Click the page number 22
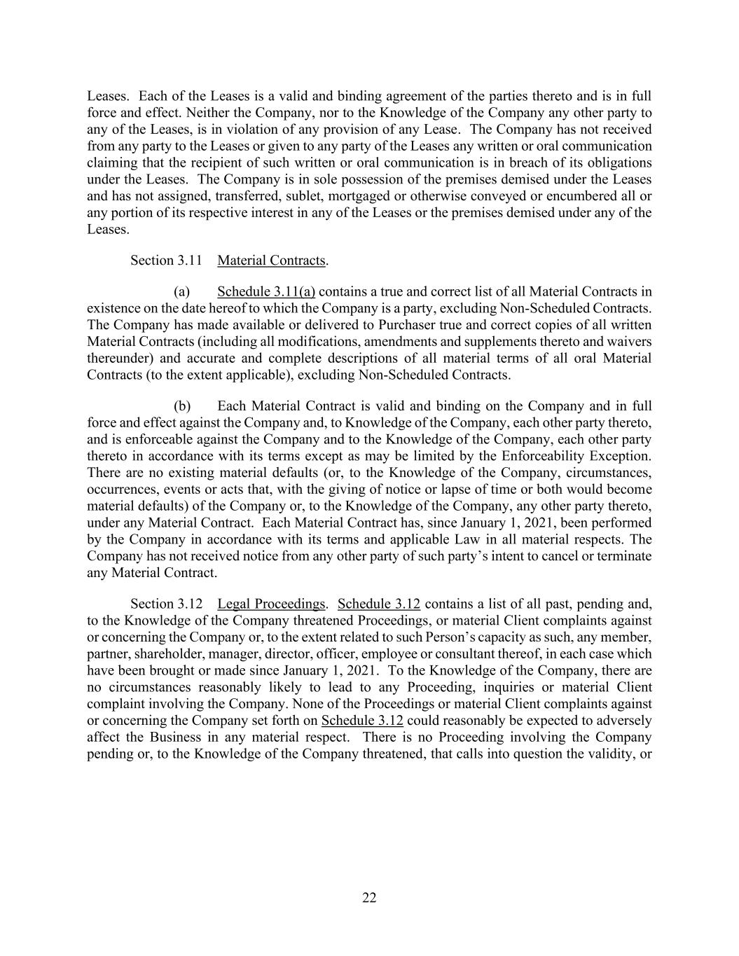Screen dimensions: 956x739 click(x=369, y=898)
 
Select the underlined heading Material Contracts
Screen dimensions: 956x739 click(x=271, y=261)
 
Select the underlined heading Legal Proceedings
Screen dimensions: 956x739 click(x=271, y=604)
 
